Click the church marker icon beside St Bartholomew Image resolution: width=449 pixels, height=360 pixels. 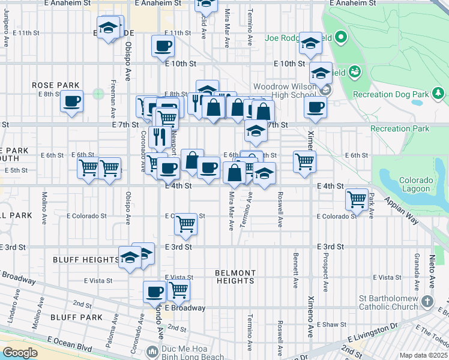coord(427,300)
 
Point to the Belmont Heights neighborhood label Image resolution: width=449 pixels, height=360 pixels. coord(235,277)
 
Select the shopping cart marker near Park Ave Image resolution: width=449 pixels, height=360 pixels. coord(357,198)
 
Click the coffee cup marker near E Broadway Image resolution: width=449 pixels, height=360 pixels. coord(154,292)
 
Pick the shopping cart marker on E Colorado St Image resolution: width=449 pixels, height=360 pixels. coord(185,224)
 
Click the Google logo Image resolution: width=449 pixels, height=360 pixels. coord(19,353)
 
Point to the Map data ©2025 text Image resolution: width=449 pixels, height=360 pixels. coord(423,355)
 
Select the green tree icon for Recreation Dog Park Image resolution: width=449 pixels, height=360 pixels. coord(439,93)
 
